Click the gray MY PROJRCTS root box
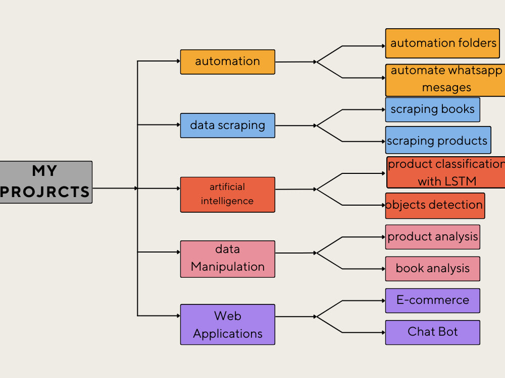pos(46,182)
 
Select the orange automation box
pos(227,61)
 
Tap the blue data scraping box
pos(227,125)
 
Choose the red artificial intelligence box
pos(227,194)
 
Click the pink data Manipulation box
pos(227,259)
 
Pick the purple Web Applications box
pos(227,324)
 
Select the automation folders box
pos(442,43)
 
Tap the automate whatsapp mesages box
pos(445,80)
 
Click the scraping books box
pos(432,109)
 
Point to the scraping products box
pos(438,140)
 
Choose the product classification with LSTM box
pos(446,172)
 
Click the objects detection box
pos(435,205)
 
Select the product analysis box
pos(432,237)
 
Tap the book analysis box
pos(432,269)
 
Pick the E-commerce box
pos(432,300)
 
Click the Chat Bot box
pos(432,332)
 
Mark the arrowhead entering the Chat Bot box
pos(383,332)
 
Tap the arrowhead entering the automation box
pos(178,61)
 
